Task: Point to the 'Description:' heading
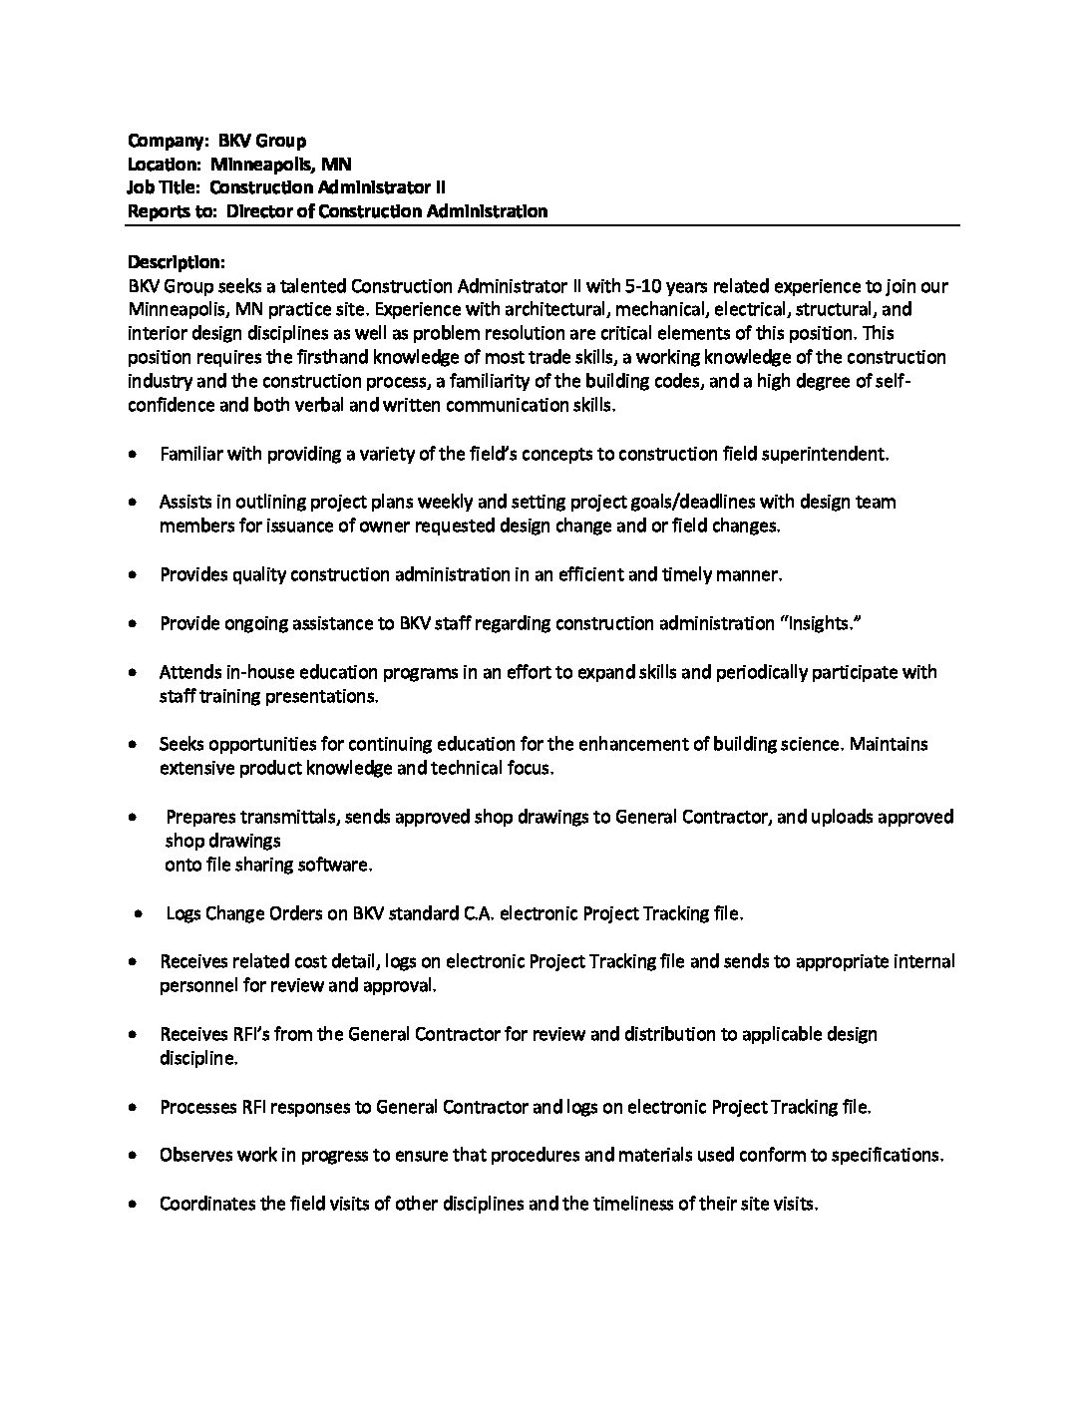click(x=177, y=262)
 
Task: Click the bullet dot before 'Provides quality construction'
click(x=134, y=575)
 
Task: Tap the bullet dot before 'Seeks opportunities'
click(x=134, y=744)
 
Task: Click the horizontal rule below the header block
click(x=542, y=226)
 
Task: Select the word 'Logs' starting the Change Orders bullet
click(x=183, y=913)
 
